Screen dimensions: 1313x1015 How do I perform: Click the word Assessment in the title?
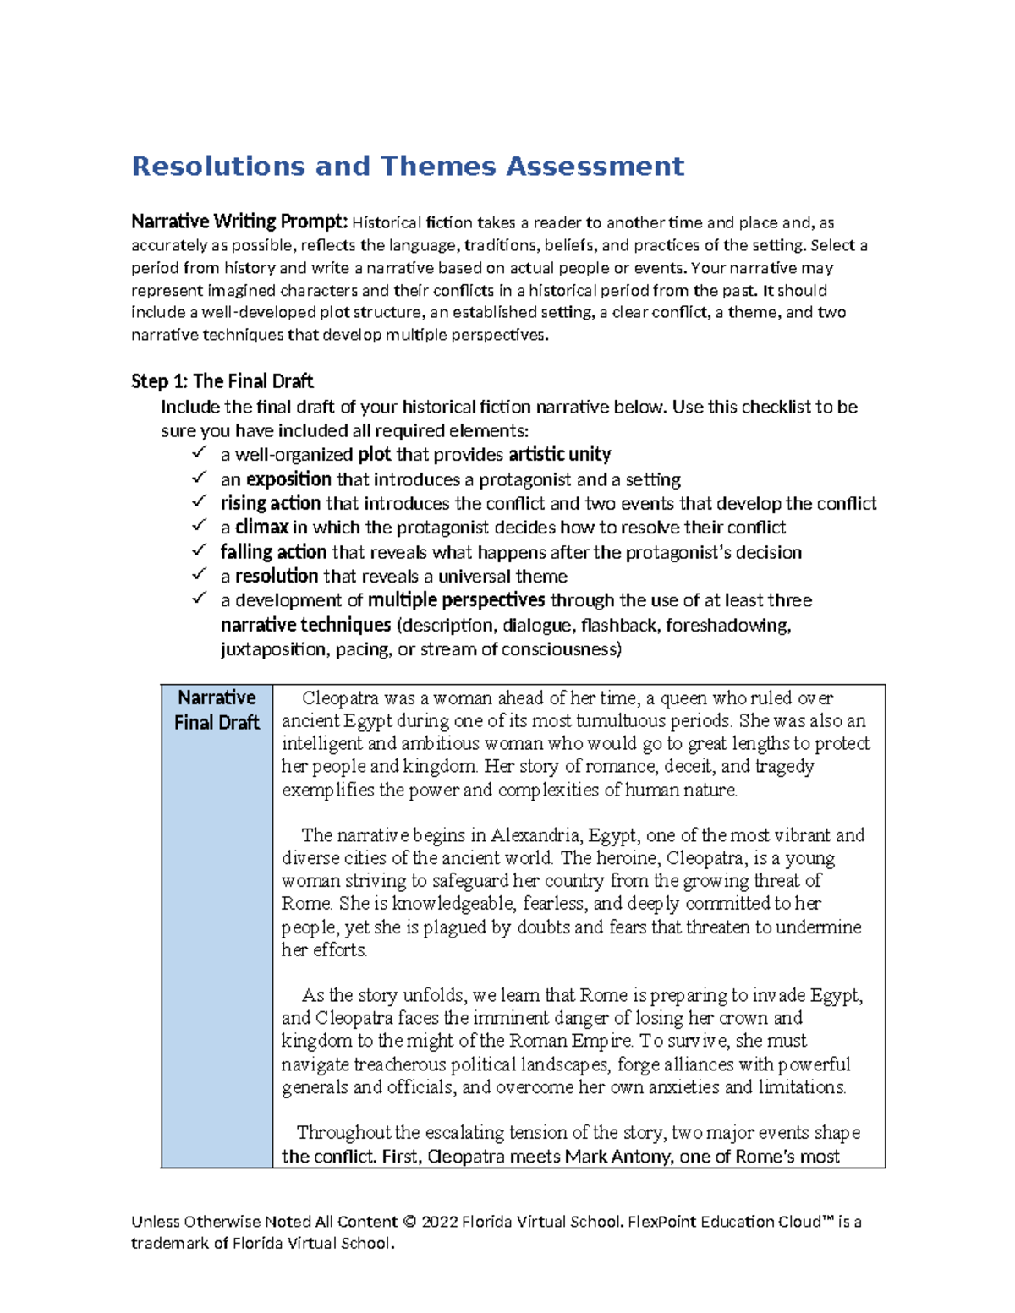point(595,167)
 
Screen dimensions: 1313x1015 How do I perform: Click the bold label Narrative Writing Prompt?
point(239,222)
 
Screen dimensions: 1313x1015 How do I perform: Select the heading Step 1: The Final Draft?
point(222,381)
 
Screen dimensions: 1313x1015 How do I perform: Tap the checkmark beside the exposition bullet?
point(199,478)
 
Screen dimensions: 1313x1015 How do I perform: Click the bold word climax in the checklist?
point(262,528)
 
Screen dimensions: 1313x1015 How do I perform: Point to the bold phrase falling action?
point(273,552)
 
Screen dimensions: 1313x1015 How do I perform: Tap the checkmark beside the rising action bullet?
point(199,501)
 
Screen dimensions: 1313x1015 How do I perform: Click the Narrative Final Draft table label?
point(217,710)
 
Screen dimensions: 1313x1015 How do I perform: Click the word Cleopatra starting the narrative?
point(340,698)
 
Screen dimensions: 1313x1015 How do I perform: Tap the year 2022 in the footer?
point(440,1222)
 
